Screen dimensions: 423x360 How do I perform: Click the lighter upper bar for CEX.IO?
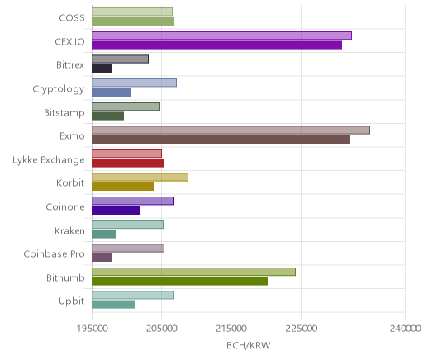tap(221, 36)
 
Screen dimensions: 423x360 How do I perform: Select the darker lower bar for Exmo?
tap(221, 140)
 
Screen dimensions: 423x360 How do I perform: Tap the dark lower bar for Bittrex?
tap(102, 69)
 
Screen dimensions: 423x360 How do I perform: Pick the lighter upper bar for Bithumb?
tap(193, 272)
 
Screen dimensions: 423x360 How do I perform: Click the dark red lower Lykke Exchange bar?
tap(128, 163)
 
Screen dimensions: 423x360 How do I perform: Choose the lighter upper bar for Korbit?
tap(140, 178)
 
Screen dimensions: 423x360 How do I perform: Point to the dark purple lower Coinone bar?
tap(116, 211)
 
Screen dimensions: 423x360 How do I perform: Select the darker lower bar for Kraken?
tap(104, 234)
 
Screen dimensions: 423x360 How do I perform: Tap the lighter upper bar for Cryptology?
tap(135, 83)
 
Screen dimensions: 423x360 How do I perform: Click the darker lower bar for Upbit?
tap(114, 305)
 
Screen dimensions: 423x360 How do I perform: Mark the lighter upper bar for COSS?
tap(132, 12)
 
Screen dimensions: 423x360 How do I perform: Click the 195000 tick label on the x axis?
tap(92, 329)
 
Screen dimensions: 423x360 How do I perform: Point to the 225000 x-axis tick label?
tap(301, 329)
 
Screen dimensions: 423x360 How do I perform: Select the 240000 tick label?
tap(406, 329)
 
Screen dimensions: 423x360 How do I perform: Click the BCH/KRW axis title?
tap(249, 345)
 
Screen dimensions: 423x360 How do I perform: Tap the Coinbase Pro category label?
tap(54, 254)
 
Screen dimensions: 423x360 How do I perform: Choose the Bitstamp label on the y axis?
tap(64, 113)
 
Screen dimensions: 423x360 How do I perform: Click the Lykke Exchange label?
tap(49, 160)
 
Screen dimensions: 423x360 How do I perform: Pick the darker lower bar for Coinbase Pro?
tap(102, 258)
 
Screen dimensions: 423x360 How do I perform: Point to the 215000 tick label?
tap(231, 329)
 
